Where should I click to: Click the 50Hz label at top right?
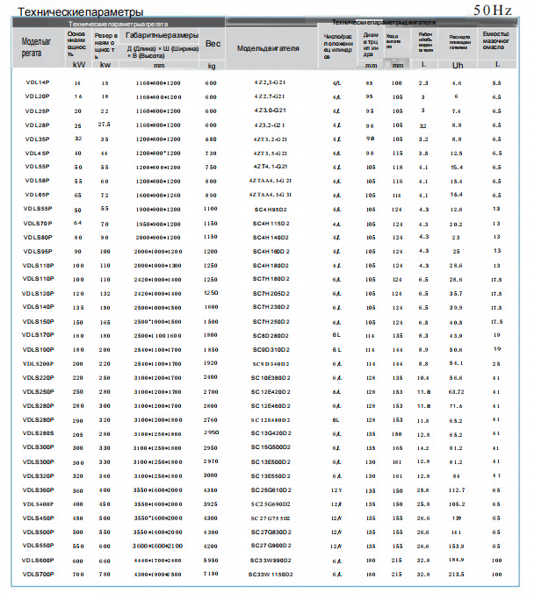(x=492, y=11)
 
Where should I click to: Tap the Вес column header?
(x=212, y=43)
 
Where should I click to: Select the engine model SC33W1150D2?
(x=271, y=574)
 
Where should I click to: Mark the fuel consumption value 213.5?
(x=457, y=574)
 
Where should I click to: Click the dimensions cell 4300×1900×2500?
(x=159, y=574)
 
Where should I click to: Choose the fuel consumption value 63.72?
(x=457, y=391)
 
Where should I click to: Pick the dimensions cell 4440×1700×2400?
(x=159, y=560)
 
